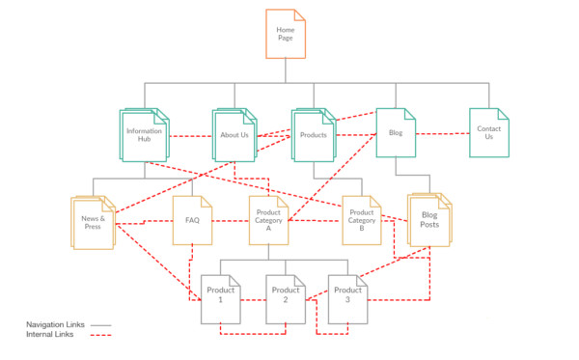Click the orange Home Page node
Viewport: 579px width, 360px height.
pyautogui.click(x=286, y=34)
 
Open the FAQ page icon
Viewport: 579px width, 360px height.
pyautogui.click(x=192, y=220)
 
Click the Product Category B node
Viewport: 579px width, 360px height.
pyautogui.click(x=361, y=219)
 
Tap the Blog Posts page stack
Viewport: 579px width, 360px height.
pyautogui.click(x=429, y=220)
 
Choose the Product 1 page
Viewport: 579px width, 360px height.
pyautogui.click(x=220, y=297)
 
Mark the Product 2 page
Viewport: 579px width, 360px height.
pyautogui.click(x=285, y=297)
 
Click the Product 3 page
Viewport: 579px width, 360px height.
pyautogui.click(x=347, y=297)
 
